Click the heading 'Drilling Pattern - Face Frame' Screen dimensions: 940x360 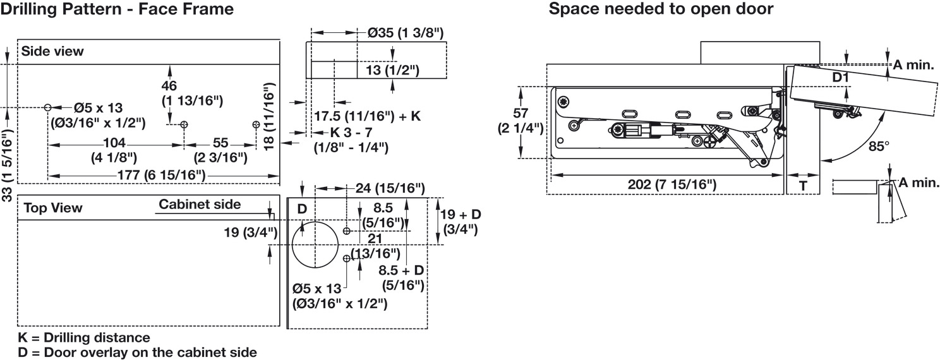117,9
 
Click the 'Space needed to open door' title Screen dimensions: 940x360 661,9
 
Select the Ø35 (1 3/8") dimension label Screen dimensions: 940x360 406,33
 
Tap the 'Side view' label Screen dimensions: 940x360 52,51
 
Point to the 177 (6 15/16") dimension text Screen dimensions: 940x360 162,175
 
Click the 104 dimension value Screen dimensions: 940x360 114,143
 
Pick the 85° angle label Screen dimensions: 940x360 879,147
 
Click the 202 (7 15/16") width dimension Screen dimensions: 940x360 672,184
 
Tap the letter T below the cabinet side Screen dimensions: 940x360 803,186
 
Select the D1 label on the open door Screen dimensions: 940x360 841,77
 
